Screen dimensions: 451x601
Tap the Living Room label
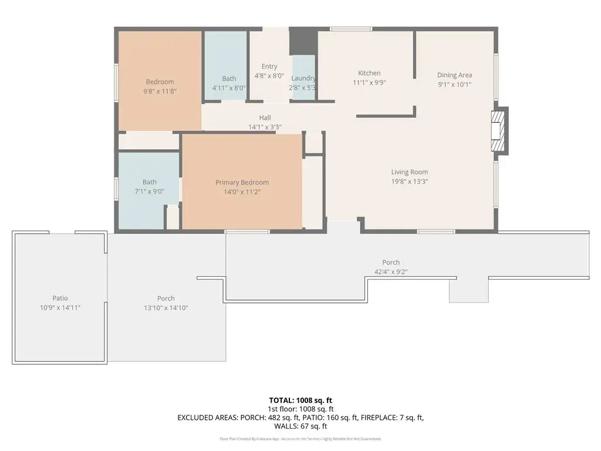pos(409,172)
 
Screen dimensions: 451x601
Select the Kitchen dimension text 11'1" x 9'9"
pos(369,83)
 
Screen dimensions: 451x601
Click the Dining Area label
pos(454,75)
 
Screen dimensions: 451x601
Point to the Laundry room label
pos(303,78)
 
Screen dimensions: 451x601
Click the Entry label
pos(269,66)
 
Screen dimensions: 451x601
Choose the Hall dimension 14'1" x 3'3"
pos(265,127)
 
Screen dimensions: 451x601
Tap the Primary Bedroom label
pos(242,183)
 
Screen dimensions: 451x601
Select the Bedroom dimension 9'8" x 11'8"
pos(160,91)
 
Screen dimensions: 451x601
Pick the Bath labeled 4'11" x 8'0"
pos(229,79)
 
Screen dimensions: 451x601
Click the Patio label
pos(60,298)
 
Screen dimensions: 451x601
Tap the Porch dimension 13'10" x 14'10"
pos(166,308)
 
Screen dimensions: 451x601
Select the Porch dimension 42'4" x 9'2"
pos(391,272)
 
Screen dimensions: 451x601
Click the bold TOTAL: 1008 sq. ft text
pos(300,399)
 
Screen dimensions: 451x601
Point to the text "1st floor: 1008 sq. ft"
pos(300,409)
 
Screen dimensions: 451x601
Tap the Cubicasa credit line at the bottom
pos(300,439)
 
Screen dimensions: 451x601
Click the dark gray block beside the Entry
pos(303,41)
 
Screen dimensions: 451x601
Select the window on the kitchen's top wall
pos(350,29)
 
